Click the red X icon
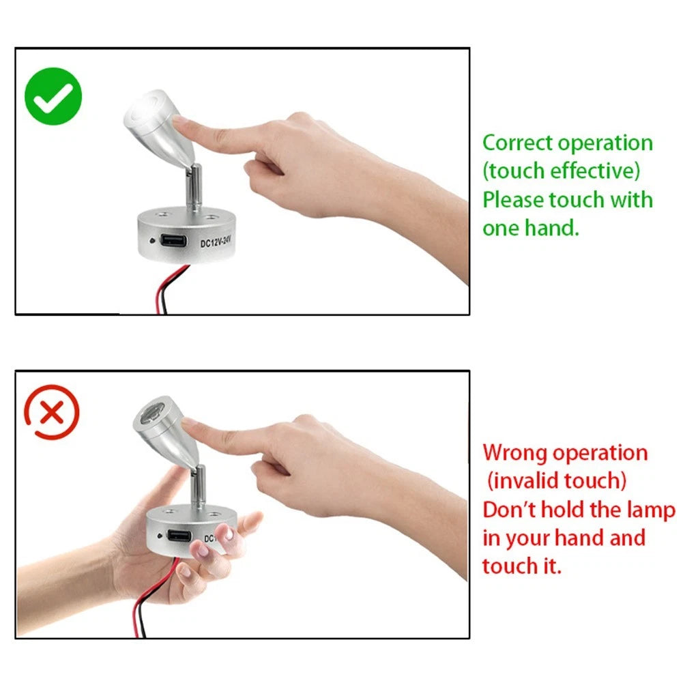(x=53, y=413)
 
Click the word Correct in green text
(x=518, y=143)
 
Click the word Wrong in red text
(x=515, y=453)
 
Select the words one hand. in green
(x=531, y=229)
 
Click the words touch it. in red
(x=521, y=566)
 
